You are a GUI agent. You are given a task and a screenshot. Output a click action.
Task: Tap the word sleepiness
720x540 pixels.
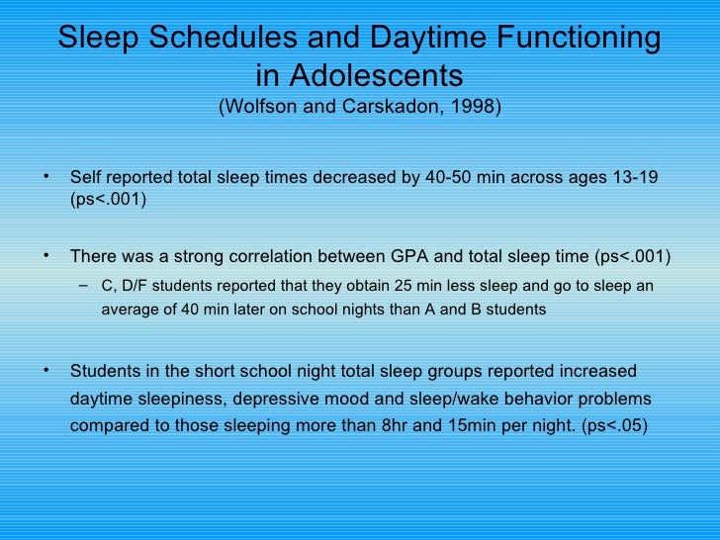[x=176, y=400]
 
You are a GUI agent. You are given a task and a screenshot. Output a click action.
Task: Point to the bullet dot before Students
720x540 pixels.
[x=46, y=371]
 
